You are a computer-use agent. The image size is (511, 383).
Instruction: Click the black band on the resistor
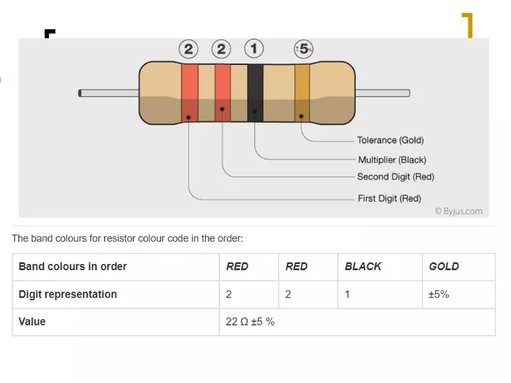(255, 93)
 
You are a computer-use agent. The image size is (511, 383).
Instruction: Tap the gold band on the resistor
(301, 93)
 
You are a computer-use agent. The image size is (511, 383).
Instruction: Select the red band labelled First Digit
(189, 93)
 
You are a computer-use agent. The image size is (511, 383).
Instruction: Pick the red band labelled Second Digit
(222, 93)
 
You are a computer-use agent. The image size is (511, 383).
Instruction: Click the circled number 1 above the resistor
(254, 48)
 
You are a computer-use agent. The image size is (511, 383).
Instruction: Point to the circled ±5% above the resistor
(303, 49)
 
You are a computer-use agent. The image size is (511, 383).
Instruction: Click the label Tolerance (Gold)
(390, 140)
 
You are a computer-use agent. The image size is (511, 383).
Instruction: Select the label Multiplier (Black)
(392, 160)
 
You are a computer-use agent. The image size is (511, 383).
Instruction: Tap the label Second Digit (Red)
(395, 176)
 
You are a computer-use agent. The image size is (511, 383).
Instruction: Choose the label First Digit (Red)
(389, 198)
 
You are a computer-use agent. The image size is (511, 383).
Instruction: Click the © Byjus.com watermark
(459, 211)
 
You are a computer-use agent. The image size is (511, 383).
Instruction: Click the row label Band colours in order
(73, 266)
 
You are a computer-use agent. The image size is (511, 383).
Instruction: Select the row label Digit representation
(67, 294)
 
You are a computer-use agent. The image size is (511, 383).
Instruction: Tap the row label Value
(32, 321)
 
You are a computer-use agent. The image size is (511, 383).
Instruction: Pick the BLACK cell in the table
(363, 266)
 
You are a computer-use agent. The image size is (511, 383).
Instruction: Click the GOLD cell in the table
(444, 266)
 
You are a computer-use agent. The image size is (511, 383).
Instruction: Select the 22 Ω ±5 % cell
(250, 321)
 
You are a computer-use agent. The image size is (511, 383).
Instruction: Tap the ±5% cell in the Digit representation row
(438, 294)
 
